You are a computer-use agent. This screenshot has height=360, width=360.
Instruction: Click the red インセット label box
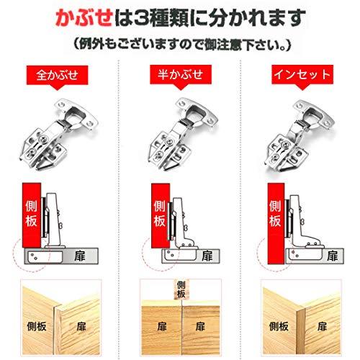pyautogui.click(x=300, y=74)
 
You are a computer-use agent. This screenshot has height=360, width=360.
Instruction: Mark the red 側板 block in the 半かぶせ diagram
pyautogui.click(x=156, y=209)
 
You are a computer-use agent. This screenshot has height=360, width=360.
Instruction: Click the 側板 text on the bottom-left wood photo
pyautogui.click(x=34, y=326)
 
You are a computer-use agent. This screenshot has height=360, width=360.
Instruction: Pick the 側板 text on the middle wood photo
pyautogui.click(x=179, y=290)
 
